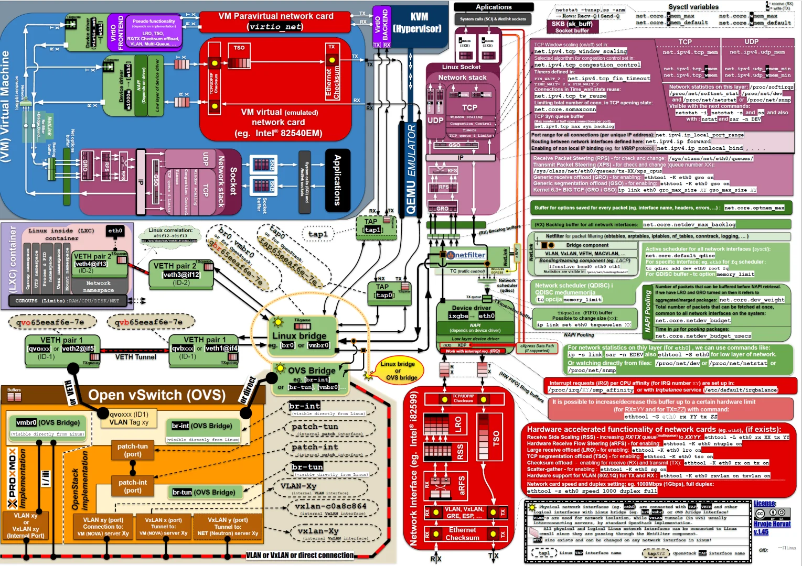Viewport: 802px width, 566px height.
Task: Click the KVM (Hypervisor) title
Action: [x=419, y=23]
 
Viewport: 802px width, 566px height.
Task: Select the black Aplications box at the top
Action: [x=494, y=7]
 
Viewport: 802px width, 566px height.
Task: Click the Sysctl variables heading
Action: [x=693, y=7]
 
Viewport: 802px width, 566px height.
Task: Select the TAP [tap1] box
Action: [x=372, y=226]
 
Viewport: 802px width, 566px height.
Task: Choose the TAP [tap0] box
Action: [x=383, y=291]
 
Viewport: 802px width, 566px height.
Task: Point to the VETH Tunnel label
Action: [x=135, y=357]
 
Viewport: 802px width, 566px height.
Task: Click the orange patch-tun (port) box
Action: [x=133, y=450]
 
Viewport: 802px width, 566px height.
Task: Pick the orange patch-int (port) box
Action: [x=133, y=486]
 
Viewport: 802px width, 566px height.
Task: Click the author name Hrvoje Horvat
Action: [x=772, y=524]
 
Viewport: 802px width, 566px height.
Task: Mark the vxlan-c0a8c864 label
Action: [x=330, y=506]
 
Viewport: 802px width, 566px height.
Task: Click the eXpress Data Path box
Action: [x=537, y=348]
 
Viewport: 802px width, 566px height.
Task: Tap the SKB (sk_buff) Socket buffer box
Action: [x=572, y=27]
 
